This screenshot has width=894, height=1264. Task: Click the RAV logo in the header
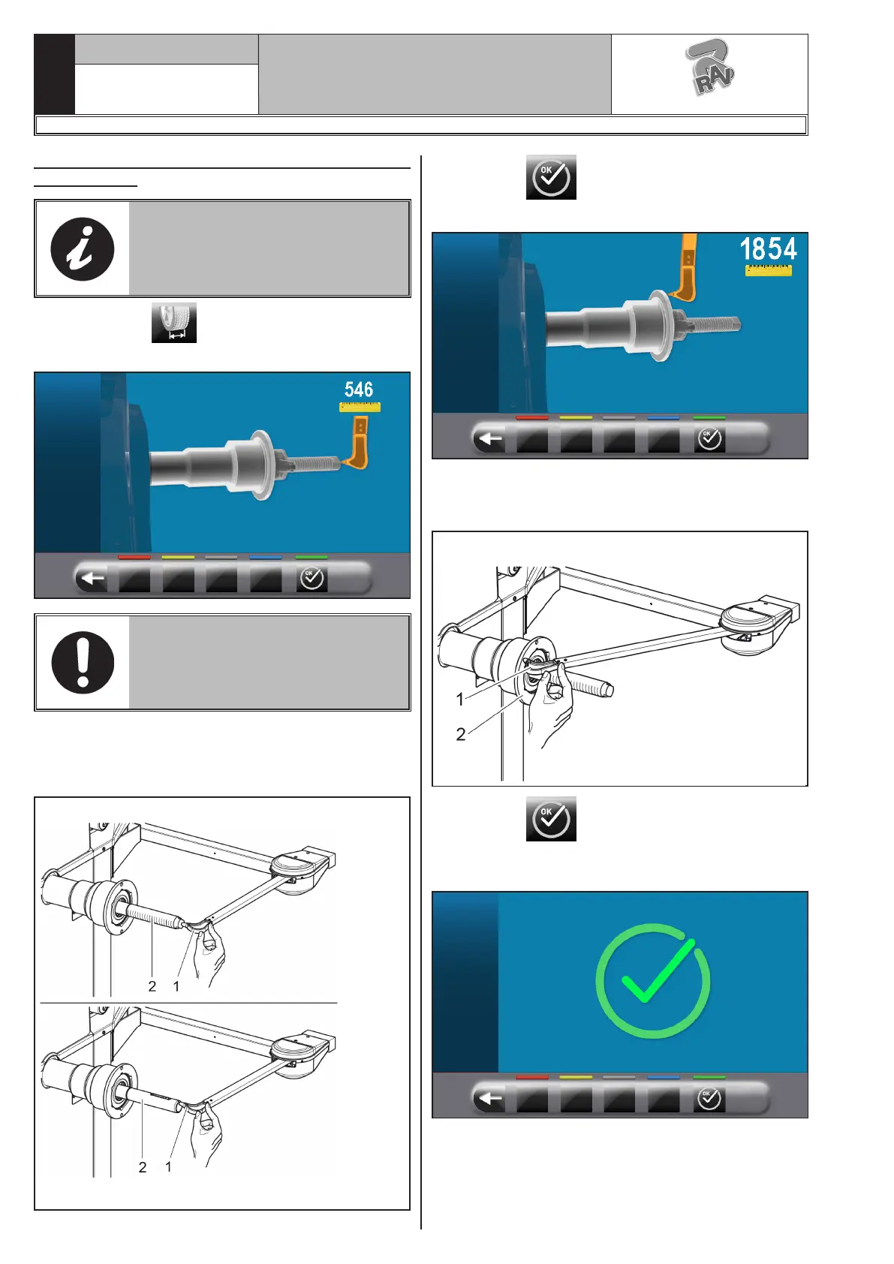710,67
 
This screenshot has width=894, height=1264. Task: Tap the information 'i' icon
83,249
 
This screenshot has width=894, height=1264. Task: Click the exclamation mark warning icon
83,663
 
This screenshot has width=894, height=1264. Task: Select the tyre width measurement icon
174,323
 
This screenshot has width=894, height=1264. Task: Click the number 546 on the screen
359,390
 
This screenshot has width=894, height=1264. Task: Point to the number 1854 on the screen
768,249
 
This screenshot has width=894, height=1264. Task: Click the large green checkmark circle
653,981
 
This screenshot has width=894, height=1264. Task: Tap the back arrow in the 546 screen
93,579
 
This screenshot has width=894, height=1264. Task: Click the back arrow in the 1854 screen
490,438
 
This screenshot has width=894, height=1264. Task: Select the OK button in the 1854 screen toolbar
709,439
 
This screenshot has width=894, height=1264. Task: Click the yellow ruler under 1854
768,270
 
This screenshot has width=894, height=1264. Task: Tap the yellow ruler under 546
360,407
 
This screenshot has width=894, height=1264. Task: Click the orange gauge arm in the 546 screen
356,444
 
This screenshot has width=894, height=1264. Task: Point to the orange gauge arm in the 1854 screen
684,267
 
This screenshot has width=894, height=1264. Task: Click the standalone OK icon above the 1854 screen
551,177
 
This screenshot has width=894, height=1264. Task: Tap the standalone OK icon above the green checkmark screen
551,819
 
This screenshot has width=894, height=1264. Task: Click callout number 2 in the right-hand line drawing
461,734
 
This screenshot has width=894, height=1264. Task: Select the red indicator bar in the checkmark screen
531,1077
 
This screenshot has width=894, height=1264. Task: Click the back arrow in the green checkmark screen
490,1098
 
